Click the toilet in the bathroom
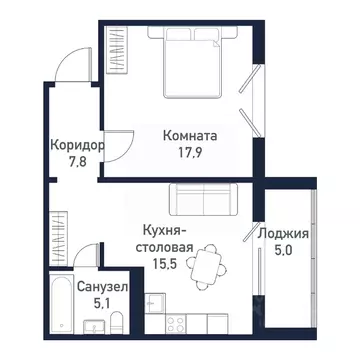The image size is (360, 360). [x=116, y=321]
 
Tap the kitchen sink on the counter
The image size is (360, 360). [x=152, y=303]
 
